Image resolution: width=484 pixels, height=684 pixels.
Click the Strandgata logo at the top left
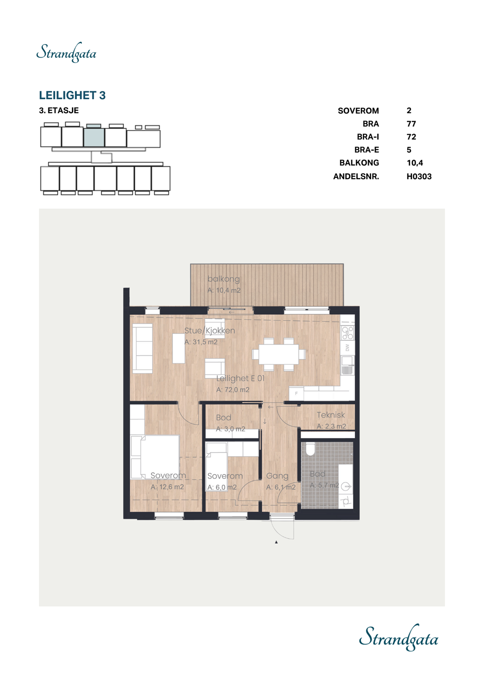pyautogui.click(x=66, y=53)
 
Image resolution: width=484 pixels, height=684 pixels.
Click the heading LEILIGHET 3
pyautogui.click(x=72, y=95)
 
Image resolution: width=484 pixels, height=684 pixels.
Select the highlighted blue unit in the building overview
pyautogui.click(x=94, y=137)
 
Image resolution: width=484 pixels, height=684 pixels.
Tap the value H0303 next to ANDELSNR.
pyautogui.click(x=419, y=176)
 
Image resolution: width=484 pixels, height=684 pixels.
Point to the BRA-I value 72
pyautogui.click(x=411, y=137)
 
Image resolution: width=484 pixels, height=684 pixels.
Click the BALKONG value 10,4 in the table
pyautogui.click(x=414, y=163)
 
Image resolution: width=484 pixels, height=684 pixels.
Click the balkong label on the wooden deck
pyautogui.click(x=223, y=279)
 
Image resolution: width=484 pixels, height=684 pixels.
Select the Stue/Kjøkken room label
pyautogui.click(x=209, y=330)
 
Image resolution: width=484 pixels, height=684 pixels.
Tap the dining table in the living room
pyautogui.click(x=279, y=354)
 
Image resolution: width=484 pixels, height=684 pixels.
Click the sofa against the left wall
pyautogui.click(x=142, y=348)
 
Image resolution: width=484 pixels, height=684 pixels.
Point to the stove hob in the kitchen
pyautogui.click(x=347, y=333)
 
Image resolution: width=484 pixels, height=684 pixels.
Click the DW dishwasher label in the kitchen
pyautogui.click(x=347, y=348)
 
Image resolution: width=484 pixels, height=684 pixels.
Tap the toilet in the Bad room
pyautogui.click(x=310, y=449)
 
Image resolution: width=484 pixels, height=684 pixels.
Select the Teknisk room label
pyautogui.click(x=330, y=415)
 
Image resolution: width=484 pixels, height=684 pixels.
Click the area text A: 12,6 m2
pyautogui.click(x=167, y=487)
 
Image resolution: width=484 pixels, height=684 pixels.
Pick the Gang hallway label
pyautogui.click(x=277, y=476)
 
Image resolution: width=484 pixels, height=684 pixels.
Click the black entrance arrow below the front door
pyautogui.click(x=276, y=542)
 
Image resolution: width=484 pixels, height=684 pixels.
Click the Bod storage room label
pyautogui.click(x=223, y=418)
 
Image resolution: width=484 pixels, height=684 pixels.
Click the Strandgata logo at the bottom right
pyautogui.click(x=398, y=638)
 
